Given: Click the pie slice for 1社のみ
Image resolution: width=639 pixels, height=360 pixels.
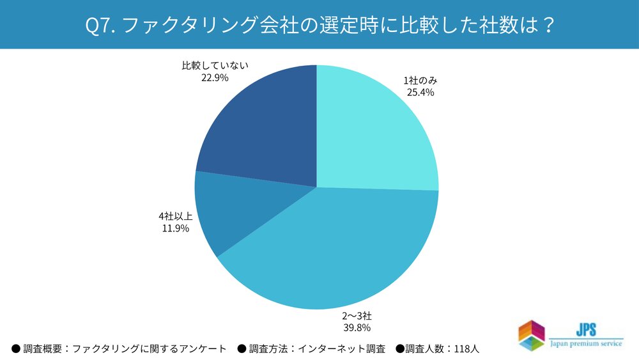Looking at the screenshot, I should [x=377, y=128].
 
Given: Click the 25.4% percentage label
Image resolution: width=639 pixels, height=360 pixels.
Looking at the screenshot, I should [x=420, y=92].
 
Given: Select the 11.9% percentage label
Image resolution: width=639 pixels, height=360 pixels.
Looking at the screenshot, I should [x=175, y=228].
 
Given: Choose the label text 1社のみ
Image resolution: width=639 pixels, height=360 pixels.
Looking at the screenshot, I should [x=420, y=81].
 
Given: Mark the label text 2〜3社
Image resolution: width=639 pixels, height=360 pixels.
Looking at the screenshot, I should [x=356, y=316].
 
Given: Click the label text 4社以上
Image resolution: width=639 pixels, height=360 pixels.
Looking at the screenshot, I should [x=175, y=216].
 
